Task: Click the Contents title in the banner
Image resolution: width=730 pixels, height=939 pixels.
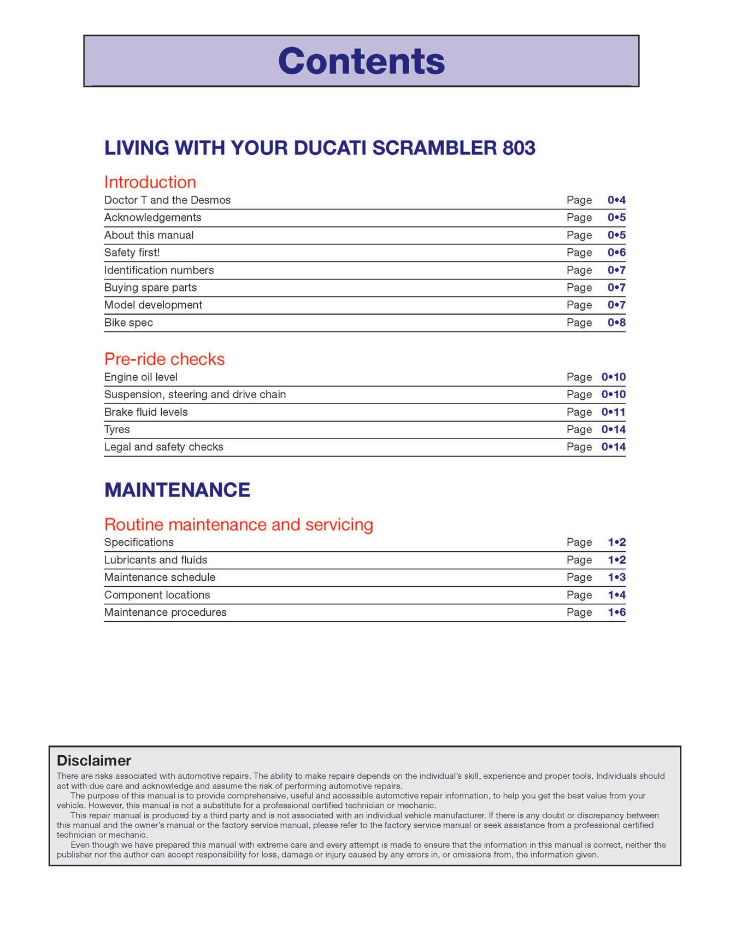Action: tap(361, 61)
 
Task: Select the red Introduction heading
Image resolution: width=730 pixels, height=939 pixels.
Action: tap(150, 182)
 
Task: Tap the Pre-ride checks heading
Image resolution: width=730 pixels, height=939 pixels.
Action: tap(164, 359)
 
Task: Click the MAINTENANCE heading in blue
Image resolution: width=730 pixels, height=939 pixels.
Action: tap(177, 489)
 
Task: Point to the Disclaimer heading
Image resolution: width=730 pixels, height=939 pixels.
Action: tap(94, 760)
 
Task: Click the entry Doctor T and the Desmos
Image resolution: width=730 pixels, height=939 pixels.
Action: tap(167, 200)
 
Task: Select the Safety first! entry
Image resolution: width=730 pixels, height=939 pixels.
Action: tap(132, 253)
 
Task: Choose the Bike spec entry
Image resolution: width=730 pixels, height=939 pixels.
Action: tap(128, 323)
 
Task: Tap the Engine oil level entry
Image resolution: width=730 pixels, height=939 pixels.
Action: tap(140, 377)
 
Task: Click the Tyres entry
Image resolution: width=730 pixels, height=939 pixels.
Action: tap(117, 430)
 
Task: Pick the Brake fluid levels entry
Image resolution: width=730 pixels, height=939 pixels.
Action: tap(146, 412)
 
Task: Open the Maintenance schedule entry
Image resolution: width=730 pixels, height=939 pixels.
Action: tap(160, 578)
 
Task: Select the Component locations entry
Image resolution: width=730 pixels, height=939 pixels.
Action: tap(157, 595)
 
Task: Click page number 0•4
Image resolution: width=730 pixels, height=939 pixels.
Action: tap(616, 200)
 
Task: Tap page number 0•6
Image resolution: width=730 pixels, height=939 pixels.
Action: tap(616, 253)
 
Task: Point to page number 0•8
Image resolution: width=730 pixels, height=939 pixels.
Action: tap(616, 323)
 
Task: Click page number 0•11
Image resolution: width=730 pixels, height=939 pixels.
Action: tap(613, 412)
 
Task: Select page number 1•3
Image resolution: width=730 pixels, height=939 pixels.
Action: tap(616, 578)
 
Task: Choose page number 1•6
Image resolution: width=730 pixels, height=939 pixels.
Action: tap(616, 613)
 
